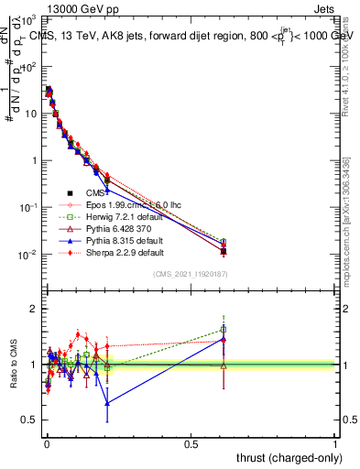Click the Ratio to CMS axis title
[x=14, y=365]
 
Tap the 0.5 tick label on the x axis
[x=191, y=443]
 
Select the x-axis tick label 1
[x=335, y=443]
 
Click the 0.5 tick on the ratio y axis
[x=30, y=420]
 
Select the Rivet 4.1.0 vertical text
[x=351, y=55]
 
